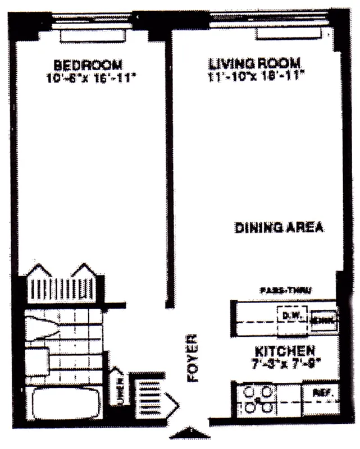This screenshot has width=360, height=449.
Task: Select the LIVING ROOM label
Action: coord(256,63)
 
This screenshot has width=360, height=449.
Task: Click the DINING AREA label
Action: coord(279,227)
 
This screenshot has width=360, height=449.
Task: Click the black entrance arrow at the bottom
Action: coord(190,433)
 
